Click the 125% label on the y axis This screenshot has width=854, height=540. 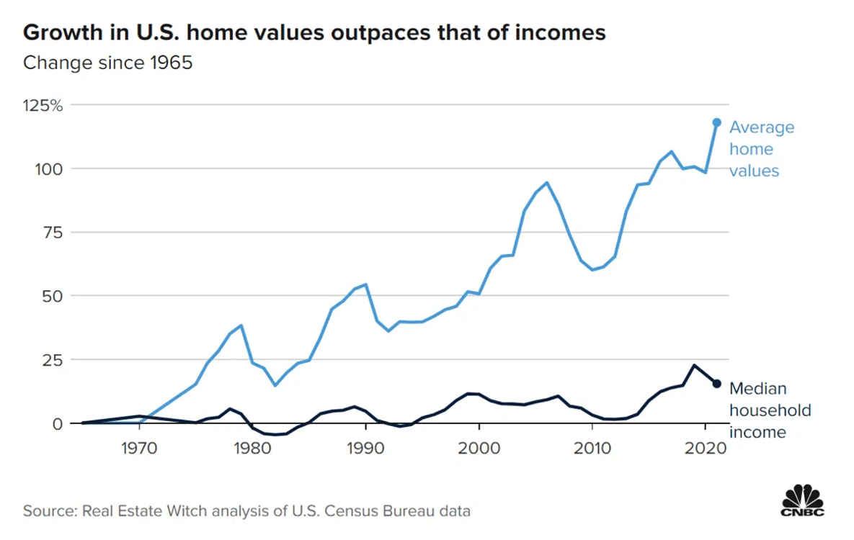pos(44,105)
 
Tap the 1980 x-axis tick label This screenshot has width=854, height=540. pos(252,446)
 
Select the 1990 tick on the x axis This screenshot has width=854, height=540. pos(365,446)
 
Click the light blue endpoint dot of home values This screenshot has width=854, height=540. pos(716,122)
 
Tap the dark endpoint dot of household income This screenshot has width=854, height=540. pos(716,384)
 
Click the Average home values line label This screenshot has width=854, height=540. pos(761,149)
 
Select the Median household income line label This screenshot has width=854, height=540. pos(770,410)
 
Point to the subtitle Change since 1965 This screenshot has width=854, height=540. pos(108,63)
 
